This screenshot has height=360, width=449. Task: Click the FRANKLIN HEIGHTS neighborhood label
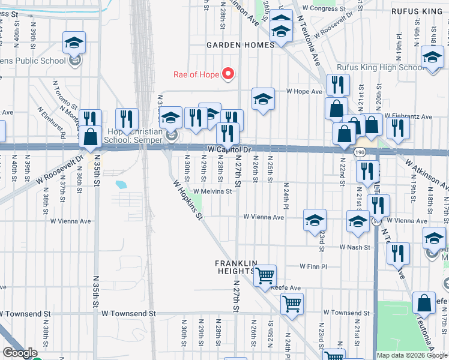point(237,268)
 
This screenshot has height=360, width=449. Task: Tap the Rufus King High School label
point(380,68)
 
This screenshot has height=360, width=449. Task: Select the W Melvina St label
point(212,191)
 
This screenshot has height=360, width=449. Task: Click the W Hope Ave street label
point(304,92)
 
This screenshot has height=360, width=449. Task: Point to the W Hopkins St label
point(188,200)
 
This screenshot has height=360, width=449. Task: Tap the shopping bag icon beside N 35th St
point(90,137)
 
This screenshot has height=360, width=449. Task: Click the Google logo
point(20,353)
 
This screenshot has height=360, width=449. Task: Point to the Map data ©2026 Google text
point(412,355)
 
